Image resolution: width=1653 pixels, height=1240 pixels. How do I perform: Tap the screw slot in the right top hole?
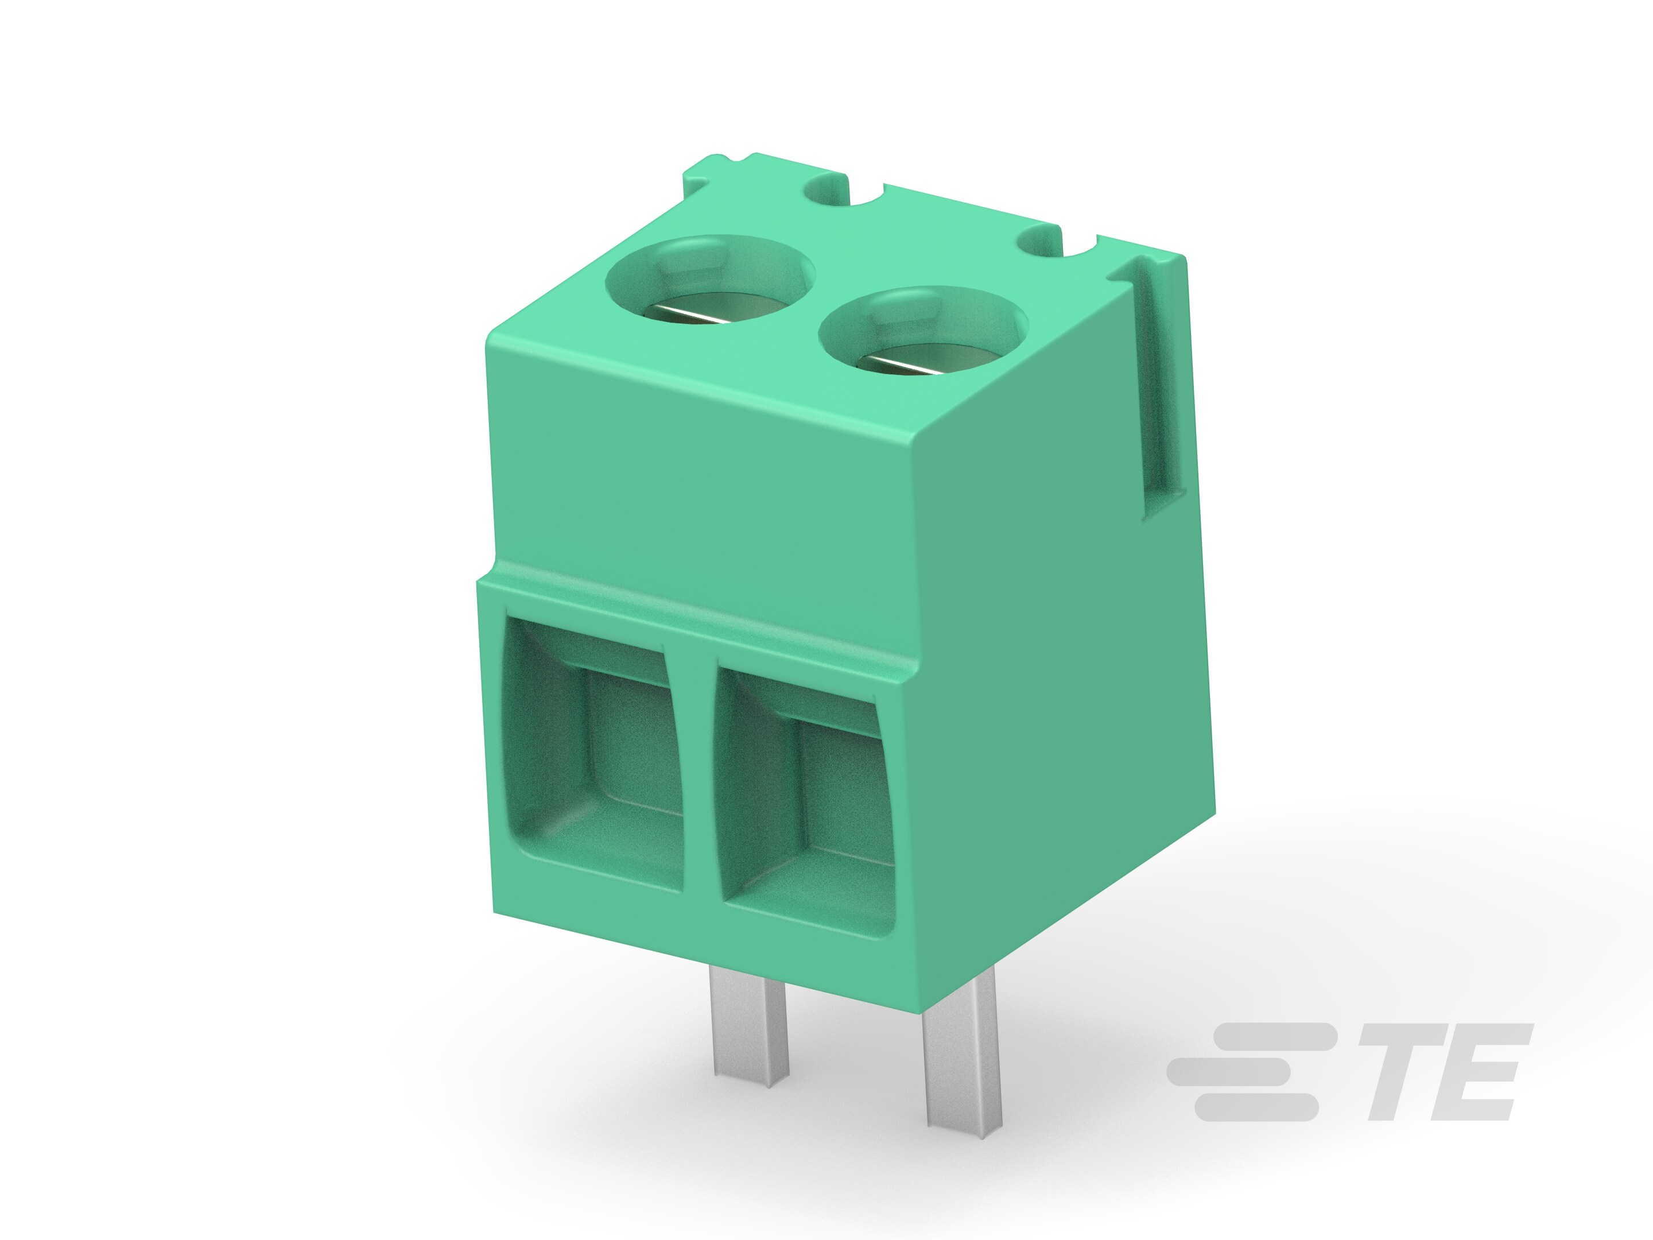pyautogui.click(x=908, y=366)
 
